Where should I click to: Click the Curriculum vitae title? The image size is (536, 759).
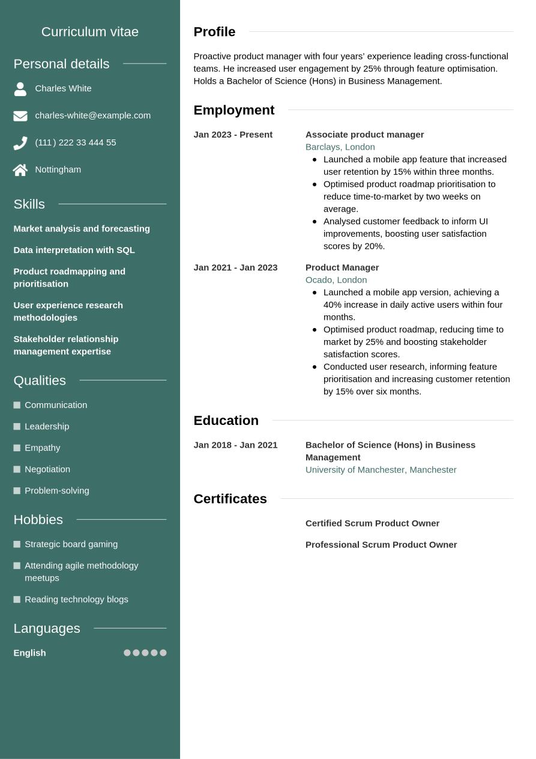90,32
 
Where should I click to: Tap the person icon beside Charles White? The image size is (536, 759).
20,89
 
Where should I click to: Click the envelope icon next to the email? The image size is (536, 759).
20,116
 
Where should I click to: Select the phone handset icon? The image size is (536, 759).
20,143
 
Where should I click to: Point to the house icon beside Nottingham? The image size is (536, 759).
20,170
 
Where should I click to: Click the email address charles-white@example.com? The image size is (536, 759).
92,115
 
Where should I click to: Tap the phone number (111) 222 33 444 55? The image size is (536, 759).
76,142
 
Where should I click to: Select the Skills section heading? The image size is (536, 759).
29,204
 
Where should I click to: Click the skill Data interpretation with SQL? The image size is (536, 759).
74,250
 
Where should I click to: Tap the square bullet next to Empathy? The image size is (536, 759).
17,448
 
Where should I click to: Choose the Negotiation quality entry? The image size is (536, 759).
47,469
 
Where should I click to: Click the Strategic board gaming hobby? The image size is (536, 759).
71,544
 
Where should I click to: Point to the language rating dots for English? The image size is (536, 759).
145,653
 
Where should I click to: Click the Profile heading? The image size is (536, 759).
214,32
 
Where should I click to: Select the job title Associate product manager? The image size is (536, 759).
364,135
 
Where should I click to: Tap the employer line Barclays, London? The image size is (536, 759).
340,147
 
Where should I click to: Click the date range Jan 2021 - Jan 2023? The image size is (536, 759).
235,267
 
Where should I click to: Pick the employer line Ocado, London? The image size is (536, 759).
336,280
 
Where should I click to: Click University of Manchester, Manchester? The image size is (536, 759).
381,470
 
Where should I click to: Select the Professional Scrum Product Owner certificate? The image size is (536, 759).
381,545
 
